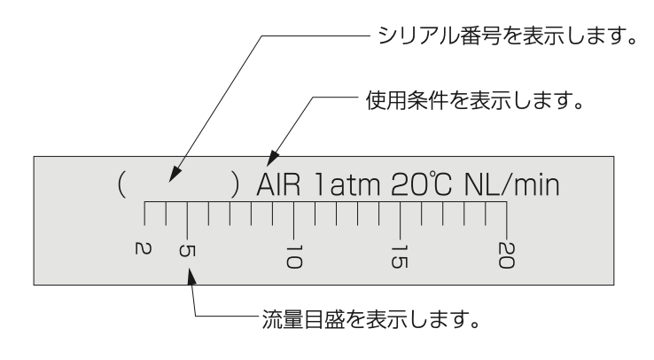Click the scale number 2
tap(143, 248)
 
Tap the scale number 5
tap(186, 250)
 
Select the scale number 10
tap(294, 256)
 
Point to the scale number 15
tap(400, 256)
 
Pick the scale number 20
tap(506, 255)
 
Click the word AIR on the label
tap(278, 184)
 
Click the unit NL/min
tap(512, 184)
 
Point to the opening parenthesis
tap(121, 184)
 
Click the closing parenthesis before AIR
tap(236, 184)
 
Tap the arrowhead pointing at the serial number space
tap(175, 174)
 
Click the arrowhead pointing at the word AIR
tap(272, 159)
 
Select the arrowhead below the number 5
tap(191, 277)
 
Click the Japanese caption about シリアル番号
tap(508, 35)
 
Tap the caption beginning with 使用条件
tap(475, 100)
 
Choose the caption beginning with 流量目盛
tap(370, 319)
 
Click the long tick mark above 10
tap(294, 220)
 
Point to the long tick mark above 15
tap(401, 220)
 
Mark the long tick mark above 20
tap(507, 220)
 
